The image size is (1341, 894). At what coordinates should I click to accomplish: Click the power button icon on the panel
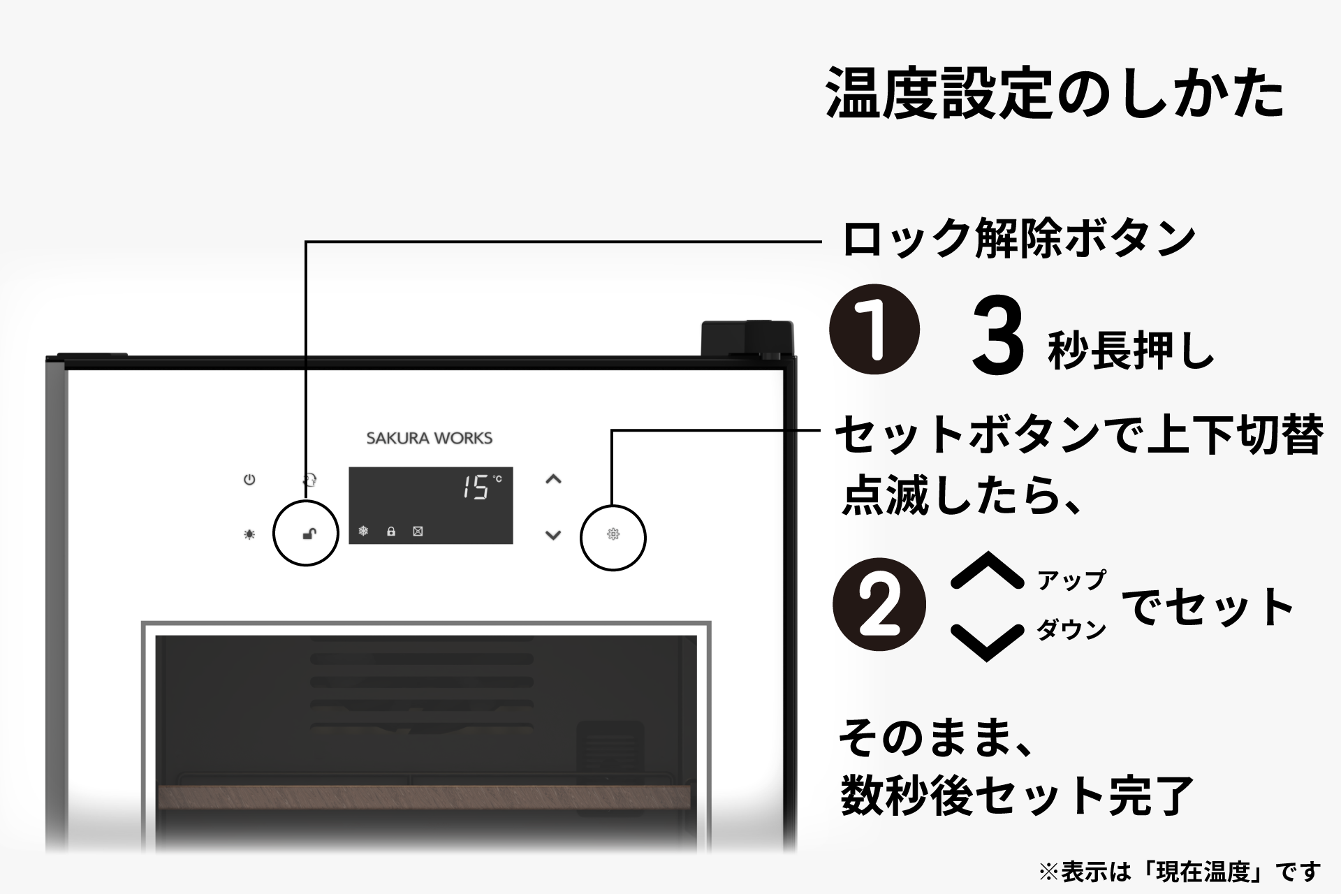[x=249, y=480]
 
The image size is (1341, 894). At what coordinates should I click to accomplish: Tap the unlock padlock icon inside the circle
[x=309, y=534]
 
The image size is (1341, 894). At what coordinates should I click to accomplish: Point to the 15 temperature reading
[x=476, y=487]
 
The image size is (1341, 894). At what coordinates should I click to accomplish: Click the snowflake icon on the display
[x=363, y=532]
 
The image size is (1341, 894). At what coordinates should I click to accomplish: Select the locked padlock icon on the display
[x=391, y=532]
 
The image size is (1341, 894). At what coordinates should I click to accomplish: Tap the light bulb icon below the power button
[x=249, y=534]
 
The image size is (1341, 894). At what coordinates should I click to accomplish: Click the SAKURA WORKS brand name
[x=429, y=439]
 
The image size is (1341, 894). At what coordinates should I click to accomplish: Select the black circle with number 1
[x=874, y=329]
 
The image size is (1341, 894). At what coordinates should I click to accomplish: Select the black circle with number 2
[x=879, y=605]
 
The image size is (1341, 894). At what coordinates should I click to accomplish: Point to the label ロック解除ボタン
[x=1019, y=239]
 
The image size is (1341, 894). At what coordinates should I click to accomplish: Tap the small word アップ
[x=1071, y=580]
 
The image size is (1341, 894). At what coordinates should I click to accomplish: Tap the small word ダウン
[x=1071, y=630]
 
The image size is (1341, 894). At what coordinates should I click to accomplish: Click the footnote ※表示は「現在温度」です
[x=1180, y=872]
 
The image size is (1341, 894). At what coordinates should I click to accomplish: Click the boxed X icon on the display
[x=418, y=532]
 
